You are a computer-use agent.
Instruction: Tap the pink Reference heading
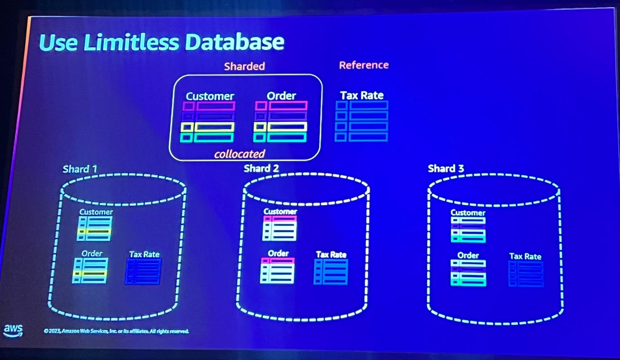[x=364, y=65]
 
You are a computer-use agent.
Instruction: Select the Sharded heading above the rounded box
[x=244, y=66]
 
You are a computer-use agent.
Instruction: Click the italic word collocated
[x=240, y=154]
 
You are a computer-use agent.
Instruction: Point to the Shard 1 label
[x=80, y=169]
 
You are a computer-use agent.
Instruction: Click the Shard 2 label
[x=261, y=169]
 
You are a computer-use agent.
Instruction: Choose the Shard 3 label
[x=446, y=169]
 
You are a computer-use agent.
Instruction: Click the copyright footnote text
[x=116, y=331]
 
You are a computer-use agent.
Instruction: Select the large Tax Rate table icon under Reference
[x=362, y=121]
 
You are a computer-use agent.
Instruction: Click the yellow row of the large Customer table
[x=208, y=127]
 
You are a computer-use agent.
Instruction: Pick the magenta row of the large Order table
[x=281, y=106]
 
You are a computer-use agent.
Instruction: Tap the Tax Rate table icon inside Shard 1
[x=143, y=271]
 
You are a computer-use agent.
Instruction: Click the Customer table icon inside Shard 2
[x=279, y=228]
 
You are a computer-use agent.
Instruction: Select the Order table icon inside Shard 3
[x=468, y=273]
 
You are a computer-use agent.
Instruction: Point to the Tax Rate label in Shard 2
[x=331, y=254]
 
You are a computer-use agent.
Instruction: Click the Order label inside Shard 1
[x=92, y=253]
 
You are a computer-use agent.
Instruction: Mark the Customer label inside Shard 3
[x=468, y=213]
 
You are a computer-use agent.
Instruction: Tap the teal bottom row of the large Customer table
[x=207, y=138]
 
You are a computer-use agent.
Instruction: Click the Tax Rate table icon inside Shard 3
[x=526, y=274]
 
